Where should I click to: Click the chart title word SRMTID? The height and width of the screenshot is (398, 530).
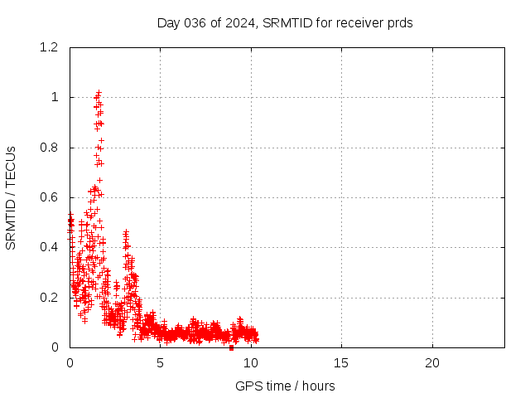[x=287, y=23]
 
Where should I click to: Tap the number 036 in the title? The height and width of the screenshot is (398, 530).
[x=195, y=23]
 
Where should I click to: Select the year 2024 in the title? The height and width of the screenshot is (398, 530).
[x=239, y=23]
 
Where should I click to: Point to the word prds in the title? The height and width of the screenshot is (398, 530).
[x=400, y=23]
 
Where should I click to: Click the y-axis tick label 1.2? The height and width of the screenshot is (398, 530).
[x=49, y=47]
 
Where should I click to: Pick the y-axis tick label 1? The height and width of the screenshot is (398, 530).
[x=55, y=98]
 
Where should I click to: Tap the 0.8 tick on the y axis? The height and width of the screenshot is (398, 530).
[x=49, y=148]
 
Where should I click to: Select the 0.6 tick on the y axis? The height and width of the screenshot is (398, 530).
[x=49, y=197]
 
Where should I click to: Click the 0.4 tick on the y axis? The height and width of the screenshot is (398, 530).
[x=49, y=247]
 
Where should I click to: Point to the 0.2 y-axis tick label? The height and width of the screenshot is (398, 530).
[x=49, y=298]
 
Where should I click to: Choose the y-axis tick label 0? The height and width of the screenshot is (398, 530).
[x=55, y=347]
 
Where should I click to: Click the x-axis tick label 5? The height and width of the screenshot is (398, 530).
[x=160, y=363]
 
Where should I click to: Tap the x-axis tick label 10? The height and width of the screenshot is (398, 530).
[x=251, y=363]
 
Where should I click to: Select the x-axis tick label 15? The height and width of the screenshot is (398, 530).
[x=341, y=363]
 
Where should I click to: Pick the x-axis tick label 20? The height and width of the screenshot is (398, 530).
[x=432, y=363]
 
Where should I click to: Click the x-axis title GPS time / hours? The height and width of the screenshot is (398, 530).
[x=285, y=386]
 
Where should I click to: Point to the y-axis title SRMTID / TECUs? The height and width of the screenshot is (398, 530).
[x=11, y=198]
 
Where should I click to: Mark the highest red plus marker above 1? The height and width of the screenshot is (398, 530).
[x=99, y=92]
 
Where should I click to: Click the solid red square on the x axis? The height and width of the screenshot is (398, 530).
[x=232, y=347]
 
